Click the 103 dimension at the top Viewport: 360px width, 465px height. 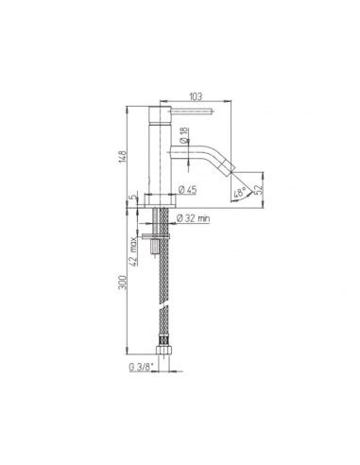coord(196,95)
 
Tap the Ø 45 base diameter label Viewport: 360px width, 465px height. coord(186,191)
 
